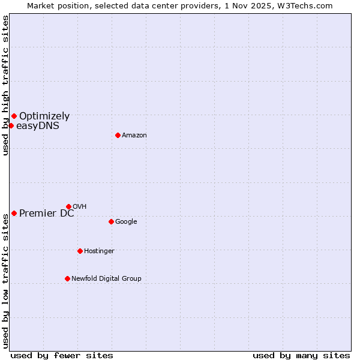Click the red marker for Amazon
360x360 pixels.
(118, 135)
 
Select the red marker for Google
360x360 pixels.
(111, 221)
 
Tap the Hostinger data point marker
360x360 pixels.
(80, 251)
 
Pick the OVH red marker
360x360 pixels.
(68, 206)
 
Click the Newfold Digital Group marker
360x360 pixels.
(67, 278)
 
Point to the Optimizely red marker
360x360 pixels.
(14, 116)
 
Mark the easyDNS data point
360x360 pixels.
(11, 125)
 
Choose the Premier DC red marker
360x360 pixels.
(14, 213)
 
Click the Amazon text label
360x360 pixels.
(134, 136)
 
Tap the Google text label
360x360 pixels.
(126, 222)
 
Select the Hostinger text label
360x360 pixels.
(99, 251)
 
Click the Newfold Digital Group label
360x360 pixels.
(106, 279)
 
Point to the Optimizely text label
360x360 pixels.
(44, 116)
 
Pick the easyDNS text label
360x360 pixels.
(38, 126)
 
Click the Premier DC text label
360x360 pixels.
(47, 214)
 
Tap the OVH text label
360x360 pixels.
(79, 207)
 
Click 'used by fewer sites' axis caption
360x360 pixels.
(62, 356)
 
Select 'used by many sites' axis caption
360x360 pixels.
(301, 356)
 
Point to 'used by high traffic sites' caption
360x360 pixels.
(5, 86)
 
